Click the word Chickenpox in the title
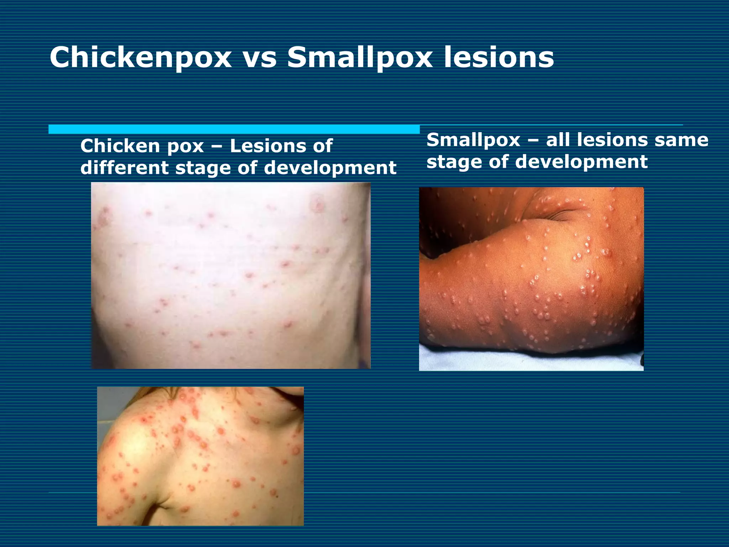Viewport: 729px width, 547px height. pyautogui.click(x=141, y=58)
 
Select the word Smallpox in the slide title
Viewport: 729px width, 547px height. pyautogui.click(x=360, y=58)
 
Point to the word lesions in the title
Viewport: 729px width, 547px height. pyautogui.click(x=499, y=58)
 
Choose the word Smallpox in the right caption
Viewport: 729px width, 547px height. pyautogui.click(x=473, y=140)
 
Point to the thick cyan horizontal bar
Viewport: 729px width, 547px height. pyautogui.click(x=234, y=129)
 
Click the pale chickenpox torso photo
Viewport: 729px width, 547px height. pyautogui.click(x=231, y=275)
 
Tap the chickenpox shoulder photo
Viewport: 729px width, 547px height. pyautogui.click(x=200, y=456)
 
